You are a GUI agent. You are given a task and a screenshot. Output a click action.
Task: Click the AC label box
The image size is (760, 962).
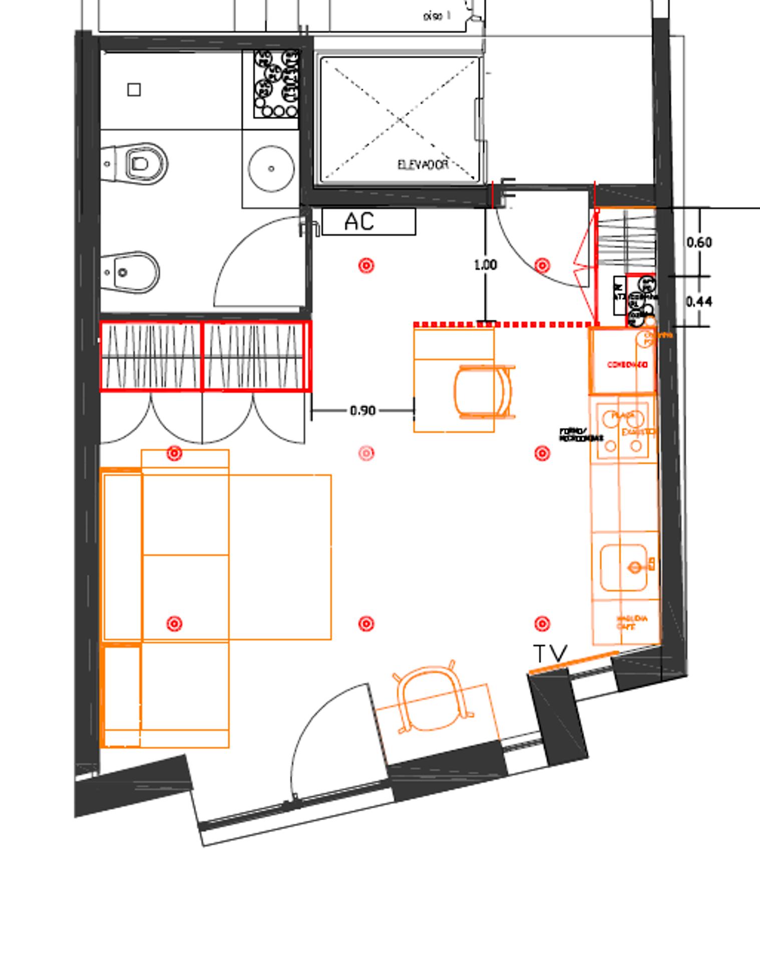(368, 221)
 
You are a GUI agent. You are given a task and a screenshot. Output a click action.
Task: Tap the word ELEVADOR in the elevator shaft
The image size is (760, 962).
(423, 165)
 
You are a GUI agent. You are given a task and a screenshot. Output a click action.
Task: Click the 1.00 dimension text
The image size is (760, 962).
(485, 265)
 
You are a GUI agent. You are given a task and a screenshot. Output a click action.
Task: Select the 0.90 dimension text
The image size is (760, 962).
(362, 411)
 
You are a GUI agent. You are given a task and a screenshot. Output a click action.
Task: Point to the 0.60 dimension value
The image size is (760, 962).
(699, 243)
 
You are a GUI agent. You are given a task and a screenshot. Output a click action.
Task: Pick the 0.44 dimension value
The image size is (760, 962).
(699, 302)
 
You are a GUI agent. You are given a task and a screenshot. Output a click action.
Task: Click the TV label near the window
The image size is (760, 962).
(550, 654)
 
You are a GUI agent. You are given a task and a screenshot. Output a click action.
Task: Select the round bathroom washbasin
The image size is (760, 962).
(271, 168)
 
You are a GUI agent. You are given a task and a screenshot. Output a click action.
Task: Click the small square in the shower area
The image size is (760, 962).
(134, 90)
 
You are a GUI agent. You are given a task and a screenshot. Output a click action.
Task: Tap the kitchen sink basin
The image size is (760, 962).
(623, 567)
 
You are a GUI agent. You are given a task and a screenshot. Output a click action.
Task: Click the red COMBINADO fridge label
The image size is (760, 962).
(627, 365)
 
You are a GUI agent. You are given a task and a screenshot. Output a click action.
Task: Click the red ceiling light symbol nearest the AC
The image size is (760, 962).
(366, 265)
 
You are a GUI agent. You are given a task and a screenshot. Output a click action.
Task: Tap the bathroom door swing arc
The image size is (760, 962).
(235, 251)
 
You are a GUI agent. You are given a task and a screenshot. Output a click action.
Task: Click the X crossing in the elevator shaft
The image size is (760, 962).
(400, 119)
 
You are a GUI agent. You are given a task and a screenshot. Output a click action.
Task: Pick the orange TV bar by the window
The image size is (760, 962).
(574, 661)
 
